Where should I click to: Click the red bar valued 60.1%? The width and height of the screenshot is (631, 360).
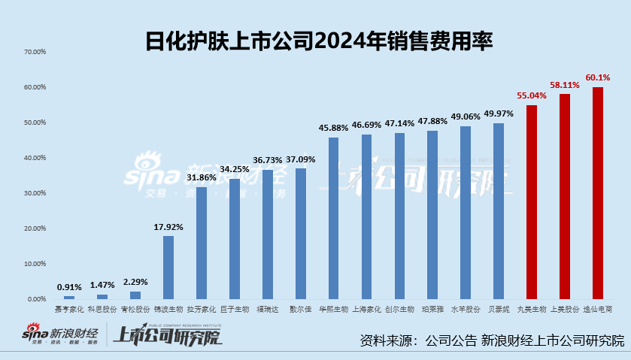[598, 193]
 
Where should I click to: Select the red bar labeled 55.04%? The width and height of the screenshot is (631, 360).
[532, 202]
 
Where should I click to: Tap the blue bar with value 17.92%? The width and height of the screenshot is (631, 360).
[168, 268]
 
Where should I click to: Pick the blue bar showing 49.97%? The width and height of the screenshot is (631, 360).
[499, 211]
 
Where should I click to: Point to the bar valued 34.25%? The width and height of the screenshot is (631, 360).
[235, 239]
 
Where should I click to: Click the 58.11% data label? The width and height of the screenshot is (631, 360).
[565, 86]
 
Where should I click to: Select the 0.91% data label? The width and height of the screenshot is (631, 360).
[69, 287]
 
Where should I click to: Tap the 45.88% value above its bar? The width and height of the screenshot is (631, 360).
[333, 129]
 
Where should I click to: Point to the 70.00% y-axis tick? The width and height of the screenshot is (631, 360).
[35, 52]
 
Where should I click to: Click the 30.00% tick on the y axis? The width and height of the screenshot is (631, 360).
[35, 193]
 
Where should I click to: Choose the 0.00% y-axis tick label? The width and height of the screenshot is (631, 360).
[37, 299]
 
